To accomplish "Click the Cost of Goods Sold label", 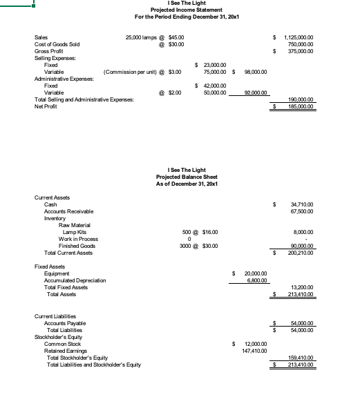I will click(x=57, y=44).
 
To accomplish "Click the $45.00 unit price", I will click(x=177, y=37).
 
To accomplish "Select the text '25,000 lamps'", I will click(x=142, y=37).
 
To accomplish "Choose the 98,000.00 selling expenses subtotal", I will click(x=254, y=72).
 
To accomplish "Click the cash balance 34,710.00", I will click(x=303, y=204).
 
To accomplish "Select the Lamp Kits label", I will click(x=75, y=232).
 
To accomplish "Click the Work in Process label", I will click(x=78, y=239).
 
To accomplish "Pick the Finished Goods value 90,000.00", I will click(x=303, y=246).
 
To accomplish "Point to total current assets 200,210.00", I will click(x=301, y=253).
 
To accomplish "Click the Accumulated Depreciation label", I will click(x=75, y=280).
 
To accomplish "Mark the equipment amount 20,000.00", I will click(x=256, y=273).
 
